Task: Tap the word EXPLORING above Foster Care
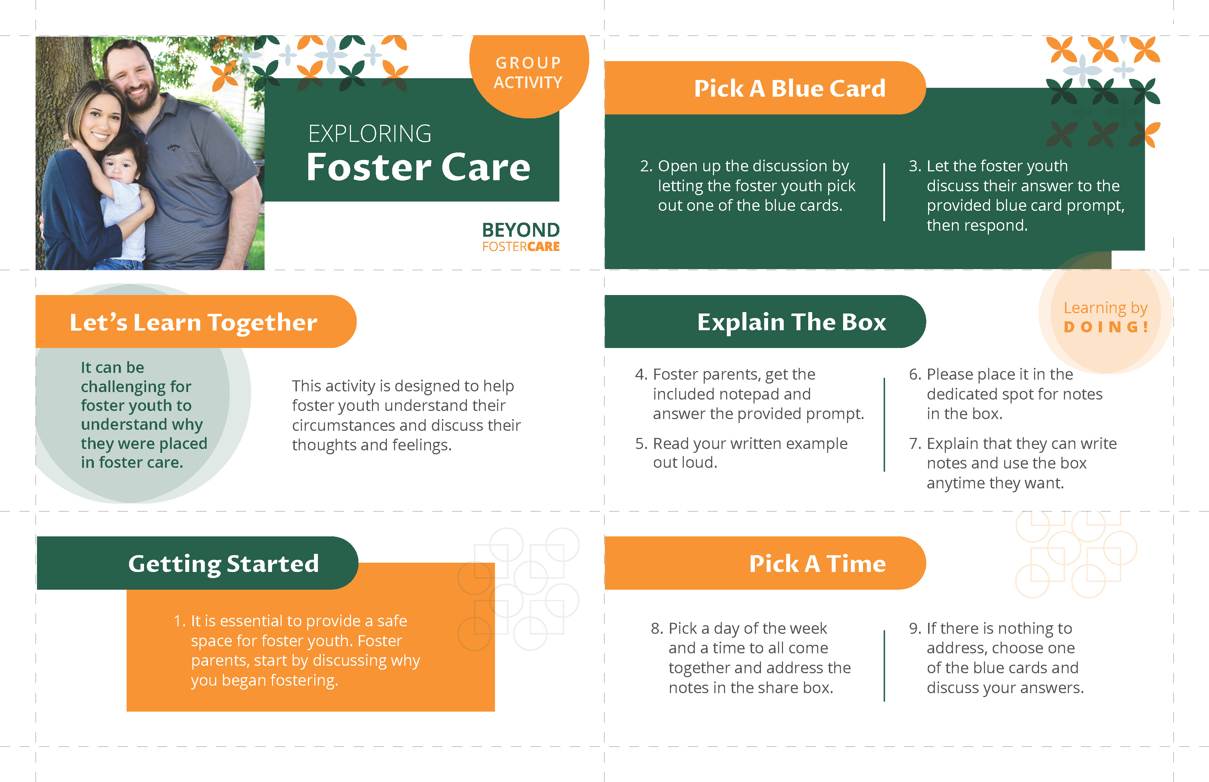tap(369, 134)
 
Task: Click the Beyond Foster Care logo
tap(521, 237)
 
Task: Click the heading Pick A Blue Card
tap(789, 89)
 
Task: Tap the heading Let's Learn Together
tap(193, 322)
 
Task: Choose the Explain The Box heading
tap(792, 322)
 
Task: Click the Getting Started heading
tap(224, 564)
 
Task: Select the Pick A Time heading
tap(817, 564)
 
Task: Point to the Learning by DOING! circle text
tap(1106, 317)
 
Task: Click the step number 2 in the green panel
tap(646, 166)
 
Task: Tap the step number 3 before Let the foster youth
tap(914, 166)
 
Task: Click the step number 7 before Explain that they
tap(914, 444)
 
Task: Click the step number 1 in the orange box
tap(179, 621)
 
